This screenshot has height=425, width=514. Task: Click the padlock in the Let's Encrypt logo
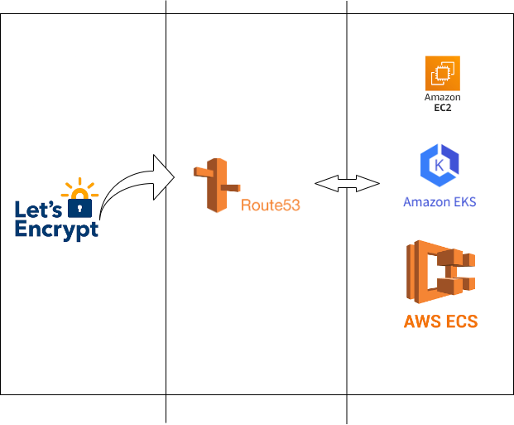pos(79,206)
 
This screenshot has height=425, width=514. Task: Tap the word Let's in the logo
pos(38,208)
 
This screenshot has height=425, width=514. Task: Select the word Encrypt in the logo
pos(56,229)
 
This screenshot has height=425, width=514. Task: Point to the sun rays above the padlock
pos(79,186)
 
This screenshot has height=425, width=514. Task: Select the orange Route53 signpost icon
pos(214,184)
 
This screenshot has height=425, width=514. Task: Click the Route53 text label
pos(270,205)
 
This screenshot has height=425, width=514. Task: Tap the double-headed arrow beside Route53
pos(347,184)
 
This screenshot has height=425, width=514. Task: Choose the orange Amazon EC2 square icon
pos(442,73)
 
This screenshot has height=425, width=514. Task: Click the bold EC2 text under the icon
pos(442,108)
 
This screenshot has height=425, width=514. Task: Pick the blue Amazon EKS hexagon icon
pos(440,165)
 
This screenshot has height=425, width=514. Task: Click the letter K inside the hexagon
pos(440,165)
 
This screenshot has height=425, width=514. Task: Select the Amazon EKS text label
pos(440,202)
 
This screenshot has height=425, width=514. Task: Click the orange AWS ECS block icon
pos(440,272)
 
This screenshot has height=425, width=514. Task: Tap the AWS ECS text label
pos(440,321)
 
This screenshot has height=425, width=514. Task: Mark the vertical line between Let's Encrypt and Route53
pos(166,290)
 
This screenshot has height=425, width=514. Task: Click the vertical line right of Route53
pos(346,290)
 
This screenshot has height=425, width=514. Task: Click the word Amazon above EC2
pos(442,98)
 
